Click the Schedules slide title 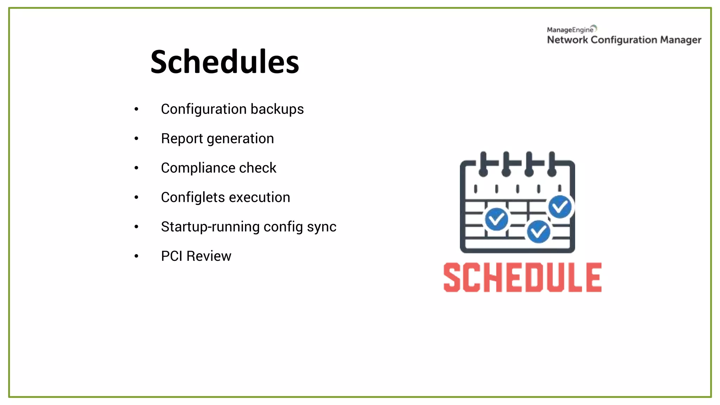click(225, 62)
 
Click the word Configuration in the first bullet click(204, 109)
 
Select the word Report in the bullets click(182, 139)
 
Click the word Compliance click(198, 168)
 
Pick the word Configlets click(193, 198)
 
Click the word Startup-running click(210, 227)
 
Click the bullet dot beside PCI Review click(136, 256)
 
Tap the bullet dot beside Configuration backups click(136, 109)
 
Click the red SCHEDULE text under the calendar click(522, 277)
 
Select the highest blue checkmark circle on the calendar click(560, 207)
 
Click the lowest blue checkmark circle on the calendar click(538, 232)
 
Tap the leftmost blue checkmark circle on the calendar click(496, 219)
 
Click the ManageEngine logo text click(570, 30)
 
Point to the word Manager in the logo click(681, 40)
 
